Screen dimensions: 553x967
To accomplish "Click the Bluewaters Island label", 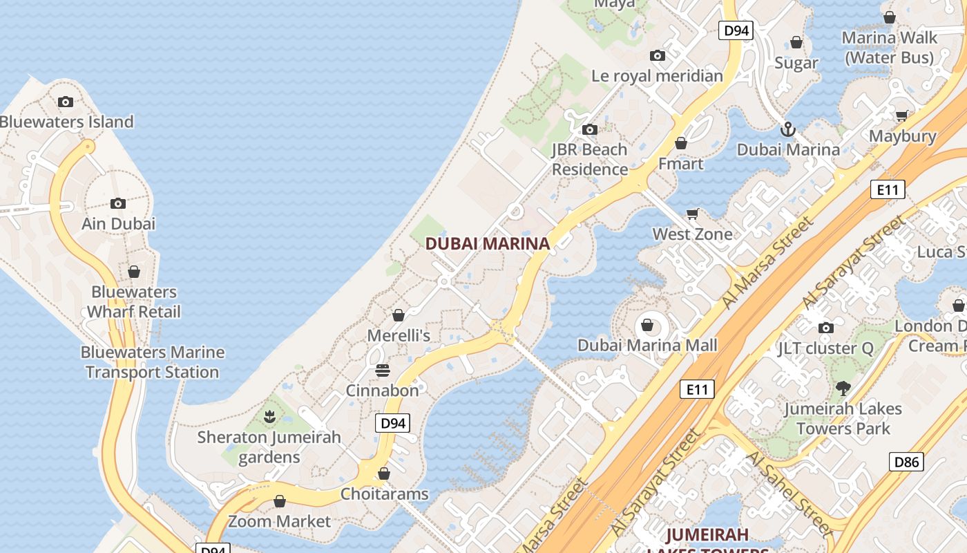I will pos(66,122).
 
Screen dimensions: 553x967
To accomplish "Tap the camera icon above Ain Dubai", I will pos(118,203).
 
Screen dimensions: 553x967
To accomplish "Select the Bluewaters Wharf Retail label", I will pos(134,302).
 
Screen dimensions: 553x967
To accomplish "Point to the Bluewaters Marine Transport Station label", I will pos(152,362).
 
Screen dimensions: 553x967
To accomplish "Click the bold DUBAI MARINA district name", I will pos(488,243).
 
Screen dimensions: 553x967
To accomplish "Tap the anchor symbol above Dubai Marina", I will pos(787,129).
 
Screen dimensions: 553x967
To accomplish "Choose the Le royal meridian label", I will pos(657,76).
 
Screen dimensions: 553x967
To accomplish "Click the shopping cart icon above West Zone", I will pos(693,214).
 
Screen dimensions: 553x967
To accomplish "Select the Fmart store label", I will pos(680,164).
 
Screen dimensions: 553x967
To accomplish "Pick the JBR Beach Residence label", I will pos(589,160).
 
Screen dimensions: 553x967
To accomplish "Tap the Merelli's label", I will pos(399,336).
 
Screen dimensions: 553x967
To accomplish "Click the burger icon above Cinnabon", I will pos(383,371).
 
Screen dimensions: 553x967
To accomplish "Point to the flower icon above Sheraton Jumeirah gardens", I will pos(269,417).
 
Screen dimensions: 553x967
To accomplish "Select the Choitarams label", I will pos(384,494).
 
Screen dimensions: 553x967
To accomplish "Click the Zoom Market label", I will pos(280,521).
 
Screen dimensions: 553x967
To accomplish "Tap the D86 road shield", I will pos(906,462).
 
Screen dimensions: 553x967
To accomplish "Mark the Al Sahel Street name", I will pos(788,493).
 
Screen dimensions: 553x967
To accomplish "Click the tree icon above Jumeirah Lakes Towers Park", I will pos(843,388).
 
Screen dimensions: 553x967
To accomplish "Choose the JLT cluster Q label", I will pos(825,348).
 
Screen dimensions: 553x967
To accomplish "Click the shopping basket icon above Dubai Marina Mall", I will pos(647,324).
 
